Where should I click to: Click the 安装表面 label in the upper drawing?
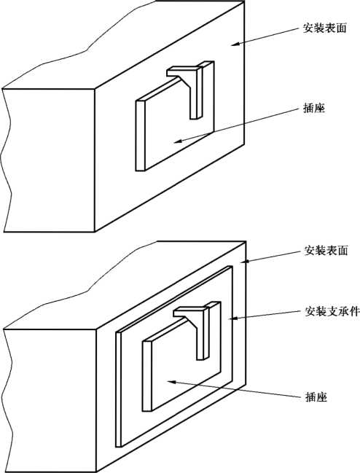coord(325,28)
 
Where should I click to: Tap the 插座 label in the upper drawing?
coord(314,108)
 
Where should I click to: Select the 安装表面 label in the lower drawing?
coord(326,251)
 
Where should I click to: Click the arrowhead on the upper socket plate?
coord(179,141)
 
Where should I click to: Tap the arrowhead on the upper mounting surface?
coord(235,44)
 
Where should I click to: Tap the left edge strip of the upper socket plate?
coord(140,136)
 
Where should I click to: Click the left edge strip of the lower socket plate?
coord(146,376)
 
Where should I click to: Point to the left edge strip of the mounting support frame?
coord(118,389)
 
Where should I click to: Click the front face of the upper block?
coord(49,160)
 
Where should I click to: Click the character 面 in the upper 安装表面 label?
coord(341,28)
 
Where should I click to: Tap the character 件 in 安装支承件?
coord(354,311)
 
